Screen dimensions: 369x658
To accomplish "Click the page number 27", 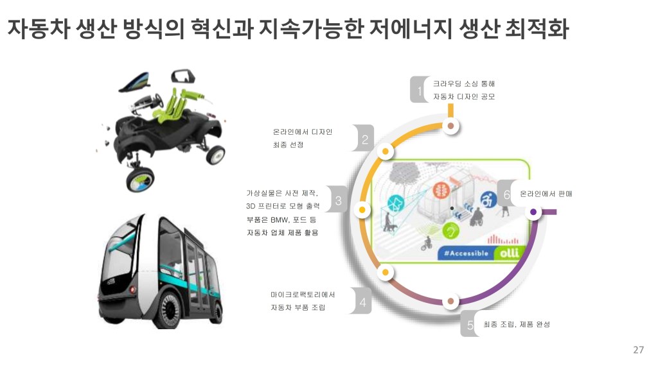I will pos(638,350).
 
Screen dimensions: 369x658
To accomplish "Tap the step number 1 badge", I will pos(420,92).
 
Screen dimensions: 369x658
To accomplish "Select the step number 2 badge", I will pos(364,139).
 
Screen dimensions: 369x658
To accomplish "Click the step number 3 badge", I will pos(338,200).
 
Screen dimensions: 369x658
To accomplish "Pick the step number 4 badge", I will pos(362,302).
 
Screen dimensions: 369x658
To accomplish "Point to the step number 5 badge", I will pos(470,326).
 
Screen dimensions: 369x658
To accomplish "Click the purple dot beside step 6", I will pos(533,211).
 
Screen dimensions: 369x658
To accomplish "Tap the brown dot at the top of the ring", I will pos(451,126).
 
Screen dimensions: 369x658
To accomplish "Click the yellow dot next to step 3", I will pos(362,210).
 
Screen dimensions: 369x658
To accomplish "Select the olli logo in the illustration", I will pos(509,252).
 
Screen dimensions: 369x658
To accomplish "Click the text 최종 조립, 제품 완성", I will pos(516,325).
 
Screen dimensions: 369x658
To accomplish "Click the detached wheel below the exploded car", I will pos(141,176).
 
